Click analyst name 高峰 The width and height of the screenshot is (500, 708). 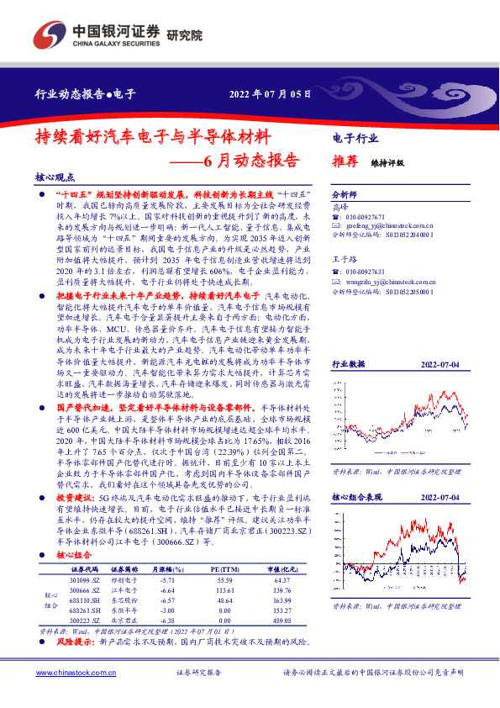click(339, 206)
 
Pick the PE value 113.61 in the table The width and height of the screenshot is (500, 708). click(224, 591)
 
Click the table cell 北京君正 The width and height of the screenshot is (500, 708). click(124, 621)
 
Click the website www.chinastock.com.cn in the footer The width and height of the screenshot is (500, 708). click(72, 673)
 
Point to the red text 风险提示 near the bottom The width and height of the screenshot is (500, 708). click(75, 641)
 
